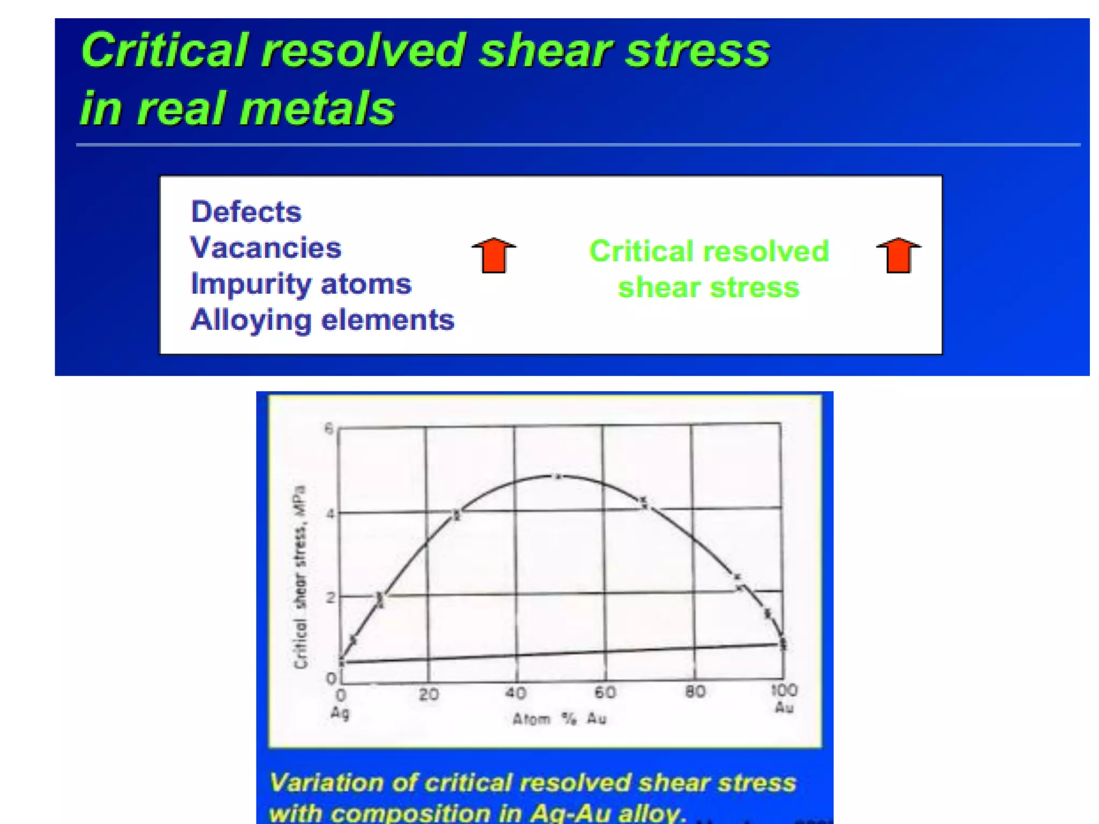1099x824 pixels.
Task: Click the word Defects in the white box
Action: click(x=246, y=212)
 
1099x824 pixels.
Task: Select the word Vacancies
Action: click(x=266, y=248)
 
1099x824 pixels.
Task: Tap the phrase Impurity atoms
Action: click(x=301, y=284)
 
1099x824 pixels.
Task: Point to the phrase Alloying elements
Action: click(x=323, y=320)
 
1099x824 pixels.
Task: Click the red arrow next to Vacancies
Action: click(x=494, y=255)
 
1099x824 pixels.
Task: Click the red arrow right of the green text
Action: click(x=898, y=255)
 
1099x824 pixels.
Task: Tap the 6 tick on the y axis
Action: click(x=329, y=428)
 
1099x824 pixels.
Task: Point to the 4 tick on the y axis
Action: click(x=330, y=513)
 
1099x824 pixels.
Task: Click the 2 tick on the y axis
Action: click(x=330, y=597)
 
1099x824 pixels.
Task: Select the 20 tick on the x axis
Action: click(x=429, y=695)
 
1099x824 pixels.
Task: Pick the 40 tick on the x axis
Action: click(x=516, y=693)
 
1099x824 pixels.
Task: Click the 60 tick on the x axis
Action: click(x=605, y=693)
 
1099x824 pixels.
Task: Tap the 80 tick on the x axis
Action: click(x=695, y=691)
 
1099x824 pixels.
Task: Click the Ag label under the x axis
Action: click(x=340, y=713)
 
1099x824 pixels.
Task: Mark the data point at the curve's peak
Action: click(x=558, y=476)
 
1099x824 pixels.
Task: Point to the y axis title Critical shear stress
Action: click(x=301, y=577)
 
